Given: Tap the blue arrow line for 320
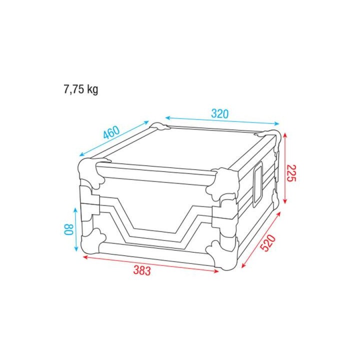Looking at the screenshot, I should pyautogui.click(x=221, y=121).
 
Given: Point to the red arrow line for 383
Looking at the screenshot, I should pyautogui.click(x=150, y=263).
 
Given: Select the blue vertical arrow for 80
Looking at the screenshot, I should pyautogui.click(x=76, y=230).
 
